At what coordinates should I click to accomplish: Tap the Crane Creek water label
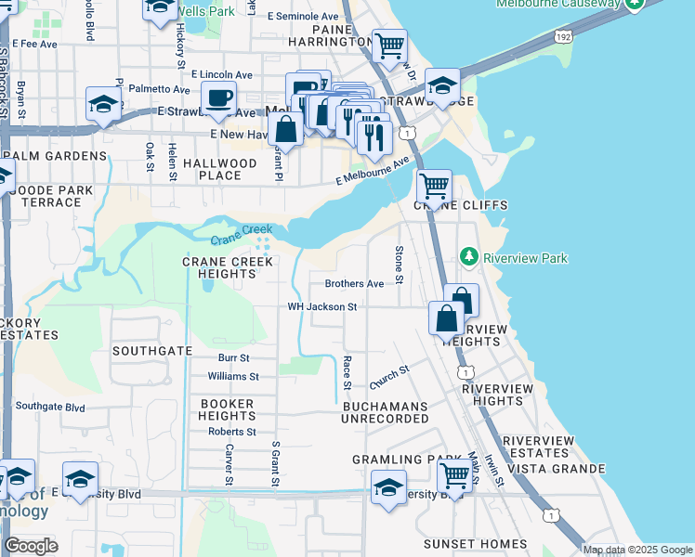point(241,235)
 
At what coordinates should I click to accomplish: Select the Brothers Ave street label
point(353,283)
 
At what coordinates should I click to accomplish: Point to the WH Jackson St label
point(322,306)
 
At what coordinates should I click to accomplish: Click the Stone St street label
point(399,265)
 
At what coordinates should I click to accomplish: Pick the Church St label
point(389,377)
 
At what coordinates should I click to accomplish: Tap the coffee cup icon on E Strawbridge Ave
point(218,98)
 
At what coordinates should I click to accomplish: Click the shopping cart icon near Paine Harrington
point(389,45)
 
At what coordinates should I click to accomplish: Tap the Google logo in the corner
point(31,546)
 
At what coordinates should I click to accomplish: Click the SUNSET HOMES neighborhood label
point(476,544)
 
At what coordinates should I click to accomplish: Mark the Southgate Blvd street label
point(50,407)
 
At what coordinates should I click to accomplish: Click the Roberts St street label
point(232,432)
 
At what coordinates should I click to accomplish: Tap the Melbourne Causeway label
point(557,4)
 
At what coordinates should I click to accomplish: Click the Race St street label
point(347,372)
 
